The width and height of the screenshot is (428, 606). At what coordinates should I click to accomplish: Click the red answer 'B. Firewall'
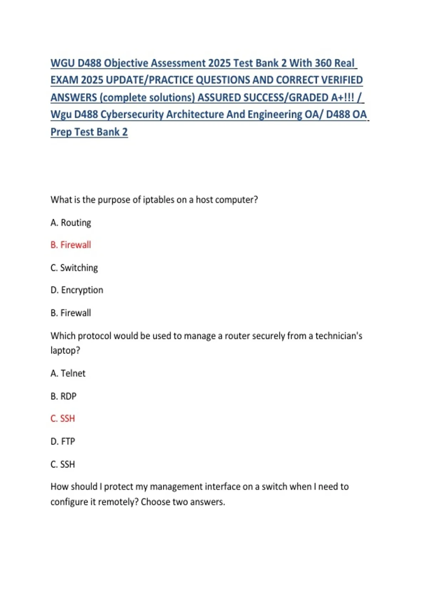click(x=71, y=245)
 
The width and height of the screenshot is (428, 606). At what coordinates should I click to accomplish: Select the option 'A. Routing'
click(x=71, y=222)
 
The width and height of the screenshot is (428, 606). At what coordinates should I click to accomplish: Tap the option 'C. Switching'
click(x=74, y=268)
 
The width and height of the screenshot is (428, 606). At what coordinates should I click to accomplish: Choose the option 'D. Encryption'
click(x=77, y=290)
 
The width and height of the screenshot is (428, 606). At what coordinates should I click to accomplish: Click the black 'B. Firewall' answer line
click(x=71, y=313)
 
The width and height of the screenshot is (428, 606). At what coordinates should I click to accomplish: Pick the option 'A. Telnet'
click(x=68, y=373)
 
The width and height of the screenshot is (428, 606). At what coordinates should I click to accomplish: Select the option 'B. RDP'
click(x=63, y=396)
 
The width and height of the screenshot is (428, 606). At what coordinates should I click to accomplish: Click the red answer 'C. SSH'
click(x=63, y=418)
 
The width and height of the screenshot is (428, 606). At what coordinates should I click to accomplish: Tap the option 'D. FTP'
click(x=63, y=441)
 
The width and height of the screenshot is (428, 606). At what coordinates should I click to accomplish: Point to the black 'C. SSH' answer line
click(x=63, y=464)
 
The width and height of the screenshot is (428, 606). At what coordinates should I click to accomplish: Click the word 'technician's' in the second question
click(x=338, y=336)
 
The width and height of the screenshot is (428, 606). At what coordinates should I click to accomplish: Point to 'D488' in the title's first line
click(x=90, y=63)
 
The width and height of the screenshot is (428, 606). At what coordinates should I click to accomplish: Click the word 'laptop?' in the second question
click(x=65, y=350)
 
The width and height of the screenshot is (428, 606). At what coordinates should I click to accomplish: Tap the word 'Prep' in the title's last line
click(x=61, y=132)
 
